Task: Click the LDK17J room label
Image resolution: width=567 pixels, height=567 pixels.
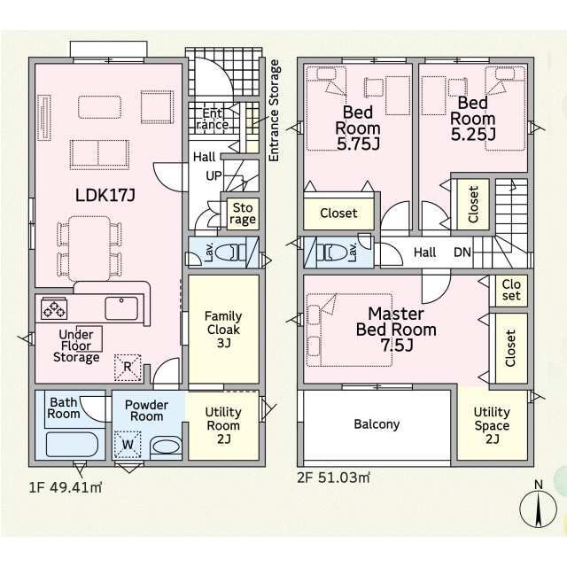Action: [x=105, y=196]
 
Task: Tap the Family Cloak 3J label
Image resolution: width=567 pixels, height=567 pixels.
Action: [x=223, y=329]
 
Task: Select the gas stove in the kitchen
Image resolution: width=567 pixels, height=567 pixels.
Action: [x=54, y=309]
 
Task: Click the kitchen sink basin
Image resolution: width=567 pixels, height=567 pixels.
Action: [x=121, y=308]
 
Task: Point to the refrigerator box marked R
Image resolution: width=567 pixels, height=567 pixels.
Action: [x=128, y=368]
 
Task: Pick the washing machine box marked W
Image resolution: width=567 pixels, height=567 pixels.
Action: [x=128, y=445]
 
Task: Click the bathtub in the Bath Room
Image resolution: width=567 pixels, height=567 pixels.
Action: [x=73, y=445]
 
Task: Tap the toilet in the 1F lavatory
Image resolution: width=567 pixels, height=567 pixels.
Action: [x=230, y=252]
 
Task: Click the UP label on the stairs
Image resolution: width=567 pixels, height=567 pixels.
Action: [x=214, y=175]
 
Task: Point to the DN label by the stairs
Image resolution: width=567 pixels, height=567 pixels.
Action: [x=462, y=252]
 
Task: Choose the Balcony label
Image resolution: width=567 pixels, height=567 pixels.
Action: [x=377, y=424]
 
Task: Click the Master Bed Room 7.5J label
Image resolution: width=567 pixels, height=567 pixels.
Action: [x=396, y=330]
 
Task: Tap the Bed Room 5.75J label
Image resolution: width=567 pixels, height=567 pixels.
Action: [x=358, y=128]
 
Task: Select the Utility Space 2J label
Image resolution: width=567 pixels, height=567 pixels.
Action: [x=492, y=425]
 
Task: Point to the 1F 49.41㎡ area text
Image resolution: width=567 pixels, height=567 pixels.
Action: [x=65, y=487]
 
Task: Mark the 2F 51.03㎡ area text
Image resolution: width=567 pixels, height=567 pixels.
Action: [x=334, y=478]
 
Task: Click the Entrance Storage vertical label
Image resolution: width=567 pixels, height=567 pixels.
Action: [x=275, y=110]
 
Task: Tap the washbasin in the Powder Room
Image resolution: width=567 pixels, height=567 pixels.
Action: [x=166, y=447]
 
